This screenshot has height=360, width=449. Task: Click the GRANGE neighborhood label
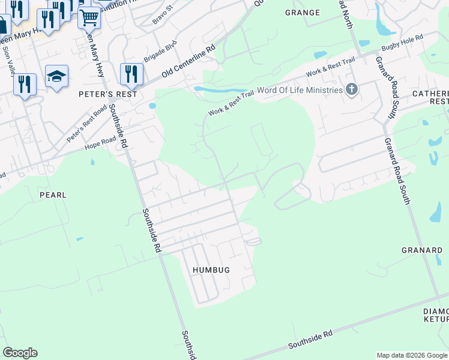pyautogui.click(x=303, y=13)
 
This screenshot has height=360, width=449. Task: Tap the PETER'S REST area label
pyautogui.click(x=108, y=94)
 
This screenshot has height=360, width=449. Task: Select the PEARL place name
pyautogui.click(x=53, y=195)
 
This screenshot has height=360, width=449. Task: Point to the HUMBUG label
pyautogui.click(x=211, y=270)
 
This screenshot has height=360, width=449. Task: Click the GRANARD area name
pyautogui.click(x=422, y=250)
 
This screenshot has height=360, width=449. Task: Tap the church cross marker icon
pyautogui.click(x=352, y=91)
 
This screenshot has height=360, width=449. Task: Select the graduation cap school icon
pyautogui.click(x=56, y=76)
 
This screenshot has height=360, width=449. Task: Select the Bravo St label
pyautogui.click(x=162, y=15)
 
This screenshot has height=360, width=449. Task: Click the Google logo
pyautogui.click(x=20, y=353)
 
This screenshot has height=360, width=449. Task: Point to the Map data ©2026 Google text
pyautogui.click(x=411, y=355)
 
